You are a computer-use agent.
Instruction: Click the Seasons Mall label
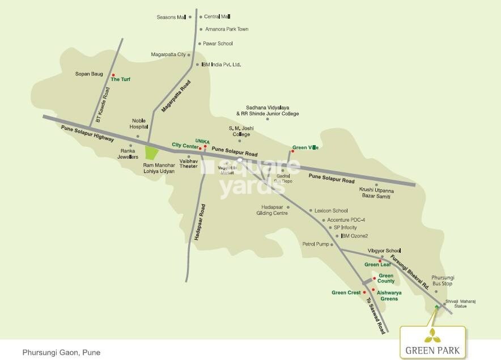pos(171,17)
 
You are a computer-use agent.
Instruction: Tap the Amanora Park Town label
pos(226,29)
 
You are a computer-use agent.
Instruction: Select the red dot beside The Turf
pos(113,75)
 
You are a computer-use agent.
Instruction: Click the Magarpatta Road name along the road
pos(176,96)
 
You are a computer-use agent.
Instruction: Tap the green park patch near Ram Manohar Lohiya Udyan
pos(151,153)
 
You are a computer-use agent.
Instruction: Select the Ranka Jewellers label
pos(129,154)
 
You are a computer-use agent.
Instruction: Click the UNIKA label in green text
pos(202,140)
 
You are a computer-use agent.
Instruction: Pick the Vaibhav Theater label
pos(188,164)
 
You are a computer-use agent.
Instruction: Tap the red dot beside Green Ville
pos(292,151)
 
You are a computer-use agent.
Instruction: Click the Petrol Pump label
pos(315,244)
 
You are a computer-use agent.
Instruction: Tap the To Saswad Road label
pos(375,315)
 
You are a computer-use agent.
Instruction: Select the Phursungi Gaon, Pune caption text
pos(61,352)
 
